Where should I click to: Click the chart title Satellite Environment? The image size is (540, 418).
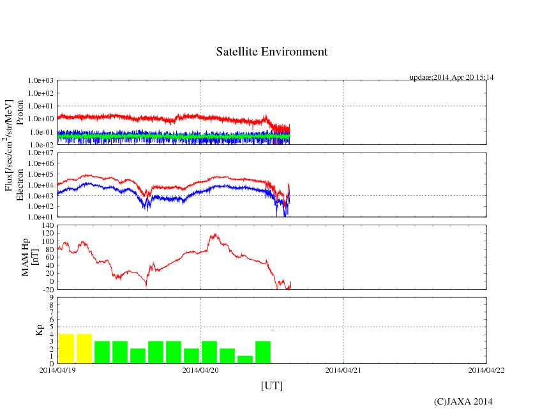pos(272,52)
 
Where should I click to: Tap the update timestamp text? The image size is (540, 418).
pos(451,77)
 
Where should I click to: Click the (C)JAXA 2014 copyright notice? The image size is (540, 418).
pos(463,401)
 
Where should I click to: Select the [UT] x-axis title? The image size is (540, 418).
pos(271,385)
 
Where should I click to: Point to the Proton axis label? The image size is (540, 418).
pos(20,112)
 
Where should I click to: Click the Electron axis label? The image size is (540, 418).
pos(20,185)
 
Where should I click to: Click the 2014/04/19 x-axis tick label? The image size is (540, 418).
pos(57,369)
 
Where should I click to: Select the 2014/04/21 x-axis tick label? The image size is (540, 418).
pos(343,369)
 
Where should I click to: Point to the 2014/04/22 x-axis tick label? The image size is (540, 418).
pos(486,369)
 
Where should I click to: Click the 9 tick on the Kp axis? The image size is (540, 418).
pos(51,297)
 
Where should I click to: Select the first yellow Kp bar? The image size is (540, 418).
pos(66,348)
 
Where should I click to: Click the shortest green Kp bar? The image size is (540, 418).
pos(244,359)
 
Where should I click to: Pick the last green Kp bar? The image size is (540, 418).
pos(262,352)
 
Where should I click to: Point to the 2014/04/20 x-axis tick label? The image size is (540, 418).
pos(200,369)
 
